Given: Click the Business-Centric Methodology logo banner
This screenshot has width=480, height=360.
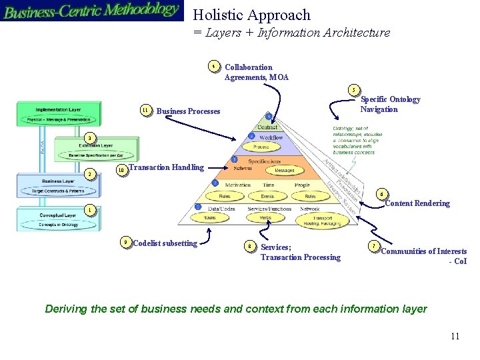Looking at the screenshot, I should click(91, 11).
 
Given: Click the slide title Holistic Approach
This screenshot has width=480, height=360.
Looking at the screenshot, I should click(251, 15).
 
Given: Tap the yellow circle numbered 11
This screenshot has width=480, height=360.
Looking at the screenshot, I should click(145, 110).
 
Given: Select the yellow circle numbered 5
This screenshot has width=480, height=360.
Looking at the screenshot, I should click(355, 90).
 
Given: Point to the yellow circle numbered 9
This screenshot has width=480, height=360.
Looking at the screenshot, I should click(126, 242).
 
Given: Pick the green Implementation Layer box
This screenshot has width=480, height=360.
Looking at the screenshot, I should click(59, 113).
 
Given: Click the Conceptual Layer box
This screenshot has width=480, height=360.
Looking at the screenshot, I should click(59, 219).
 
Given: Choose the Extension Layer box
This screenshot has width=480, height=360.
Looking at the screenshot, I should click(97, 149).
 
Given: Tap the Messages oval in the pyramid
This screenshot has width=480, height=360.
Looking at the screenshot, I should click(285, 170).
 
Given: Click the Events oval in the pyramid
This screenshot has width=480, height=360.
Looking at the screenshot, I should click(267, 197).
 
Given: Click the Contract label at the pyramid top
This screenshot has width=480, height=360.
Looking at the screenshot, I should click(267, 127).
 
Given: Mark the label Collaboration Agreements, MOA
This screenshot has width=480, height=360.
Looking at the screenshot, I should click(257, 72).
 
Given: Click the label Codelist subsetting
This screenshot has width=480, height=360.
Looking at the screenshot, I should click(165, 243).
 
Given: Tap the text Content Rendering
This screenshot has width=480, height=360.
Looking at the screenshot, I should click(417, 203).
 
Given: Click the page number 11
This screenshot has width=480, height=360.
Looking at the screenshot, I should click(455, 336).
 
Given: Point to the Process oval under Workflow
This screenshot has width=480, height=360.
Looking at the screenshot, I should click(261, 147).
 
